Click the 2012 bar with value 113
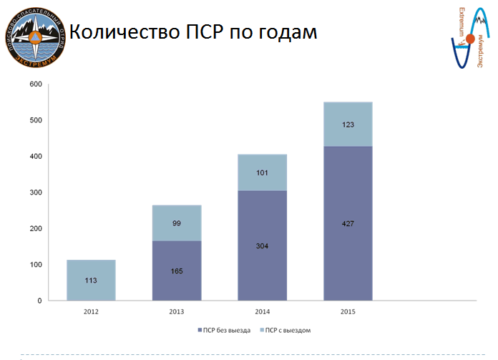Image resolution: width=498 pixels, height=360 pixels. [x=91, y=280]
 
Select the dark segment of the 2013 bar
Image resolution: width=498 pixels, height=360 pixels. [x=177, y=271]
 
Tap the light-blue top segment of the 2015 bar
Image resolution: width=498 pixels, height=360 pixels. [x=348, y=125]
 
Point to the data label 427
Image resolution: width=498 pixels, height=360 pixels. [x=348, y=223]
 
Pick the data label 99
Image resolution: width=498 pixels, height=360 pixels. [x=177, y=223]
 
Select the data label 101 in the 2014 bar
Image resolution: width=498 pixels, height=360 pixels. [x=262, y=172]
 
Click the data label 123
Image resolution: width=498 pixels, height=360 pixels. [x=348, y=125]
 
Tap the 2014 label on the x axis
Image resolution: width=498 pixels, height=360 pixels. [x=262, y=312]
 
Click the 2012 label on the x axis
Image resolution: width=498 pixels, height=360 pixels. [x=91, y=312]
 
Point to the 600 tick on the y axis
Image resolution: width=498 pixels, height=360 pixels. [x=35, y=84]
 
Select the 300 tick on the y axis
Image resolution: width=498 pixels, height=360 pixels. [x=35, y=193]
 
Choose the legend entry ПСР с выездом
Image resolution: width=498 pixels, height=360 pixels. [x=287, y=330]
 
